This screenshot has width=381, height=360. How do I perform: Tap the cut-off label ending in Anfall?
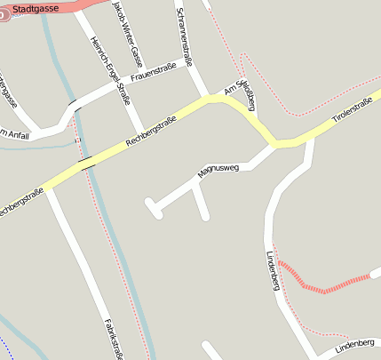(x=14, y=133)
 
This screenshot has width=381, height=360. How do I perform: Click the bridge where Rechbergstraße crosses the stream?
(x=86, y=162)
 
